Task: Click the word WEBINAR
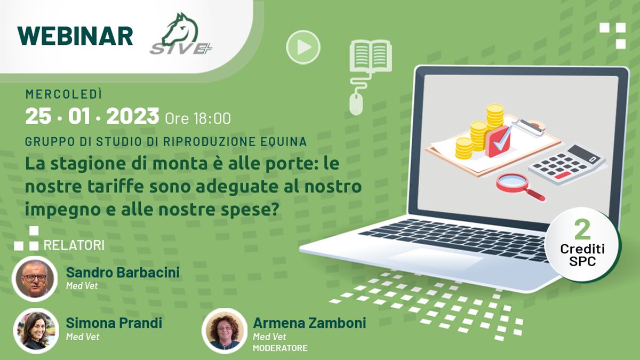click(x=75, y=36)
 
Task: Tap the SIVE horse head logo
click(x=181, y=34)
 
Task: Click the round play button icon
click(x=303, y=47)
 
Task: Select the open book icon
click(x=371, y=55)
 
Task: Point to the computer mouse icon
click(x=356, y=105)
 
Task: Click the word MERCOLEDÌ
click(x=63, y=94)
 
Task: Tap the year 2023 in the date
click(x=133, y=116)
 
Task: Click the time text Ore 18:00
click(x=198, y=118)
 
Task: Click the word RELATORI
click(x=74, y=245)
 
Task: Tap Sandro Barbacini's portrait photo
click(x=35, y=279)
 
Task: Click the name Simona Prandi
click(x=114, y=323)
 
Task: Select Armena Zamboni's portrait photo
click(x=225, y=331)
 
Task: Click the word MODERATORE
click(x=281, y=348)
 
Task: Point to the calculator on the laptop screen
click(x=567, y=164)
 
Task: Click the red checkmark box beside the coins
click(x=498, y=141)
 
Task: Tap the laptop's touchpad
click(x=435, y=258)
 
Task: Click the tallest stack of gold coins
click(x=495, y=117)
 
